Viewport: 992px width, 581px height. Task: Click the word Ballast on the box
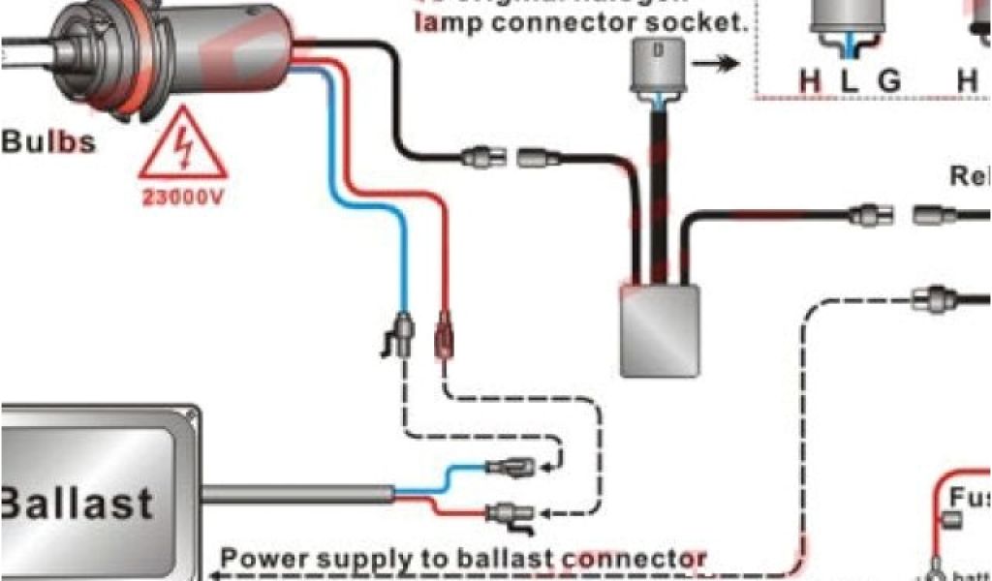(x=77, y=502)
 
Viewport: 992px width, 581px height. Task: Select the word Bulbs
(x=48, y=142)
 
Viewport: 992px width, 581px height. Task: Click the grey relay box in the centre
(x=661, y=329)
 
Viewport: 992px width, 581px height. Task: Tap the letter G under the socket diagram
(x=888, y=81)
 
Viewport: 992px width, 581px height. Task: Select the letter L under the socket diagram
(x=850, y=81)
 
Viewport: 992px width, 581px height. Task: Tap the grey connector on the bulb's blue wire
(x=403, y=335)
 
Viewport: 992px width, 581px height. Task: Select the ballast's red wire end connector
(x=509, y=513)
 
